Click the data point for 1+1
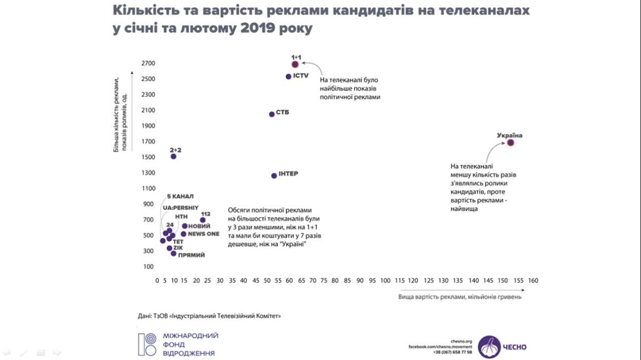[295, 64]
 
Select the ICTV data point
[288, 76]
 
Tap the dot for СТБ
[272, 114]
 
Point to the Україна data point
[510, 143]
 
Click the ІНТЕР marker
[274, 175]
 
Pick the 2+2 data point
[174, 156]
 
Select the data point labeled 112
[203, 220]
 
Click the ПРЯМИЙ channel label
[191, 255]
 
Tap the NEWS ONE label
[204, 234]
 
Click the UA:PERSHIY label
[181, 207]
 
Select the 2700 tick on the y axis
[148, 64]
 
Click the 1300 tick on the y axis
[148, 173]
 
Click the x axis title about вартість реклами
[459, 296]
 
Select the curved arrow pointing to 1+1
[315, 69]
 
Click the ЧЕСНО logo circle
[489, 347]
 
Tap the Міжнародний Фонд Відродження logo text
[190, 345]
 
